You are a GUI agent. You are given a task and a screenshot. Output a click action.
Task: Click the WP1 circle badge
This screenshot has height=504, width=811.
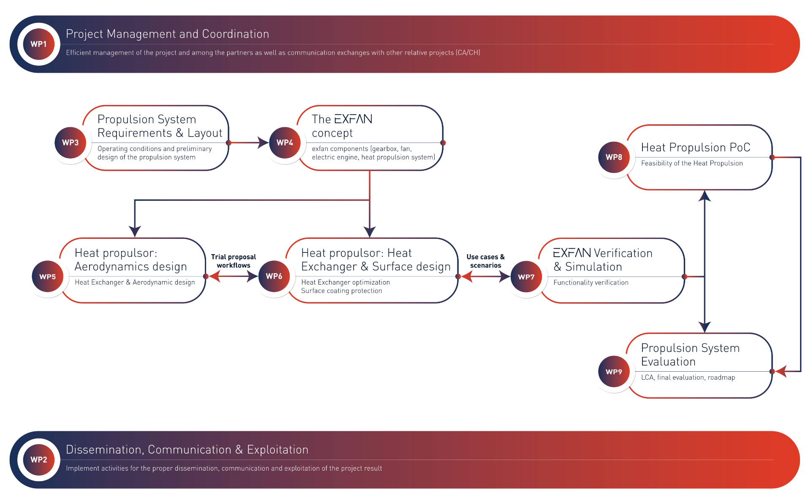click(x=38, y=44)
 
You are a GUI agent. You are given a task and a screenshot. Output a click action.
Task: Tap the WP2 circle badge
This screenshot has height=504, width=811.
click(x=38, y=460)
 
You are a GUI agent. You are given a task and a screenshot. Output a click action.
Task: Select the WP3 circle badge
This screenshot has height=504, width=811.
click(x=71, y=143)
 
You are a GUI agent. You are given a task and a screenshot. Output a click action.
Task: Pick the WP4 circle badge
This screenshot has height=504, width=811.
click(x=285, y=143)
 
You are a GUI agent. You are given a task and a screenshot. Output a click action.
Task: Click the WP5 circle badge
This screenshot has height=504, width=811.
click(x=48, y=277)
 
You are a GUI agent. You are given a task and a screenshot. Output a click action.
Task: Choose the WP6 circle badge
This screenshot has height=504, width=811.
click(x=274, y=276)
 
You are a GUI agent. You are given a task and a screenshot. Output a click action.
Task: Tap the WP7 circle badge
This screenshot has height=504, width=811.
click(x=526, y=277)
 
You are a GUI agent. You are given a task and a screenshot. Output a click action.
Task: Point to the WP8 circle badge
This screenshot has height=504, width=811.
click(x=614, y=157)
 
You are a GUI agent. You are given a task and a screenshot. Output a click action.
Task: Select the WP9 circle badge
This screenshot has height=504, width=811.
click(x=614, y=372)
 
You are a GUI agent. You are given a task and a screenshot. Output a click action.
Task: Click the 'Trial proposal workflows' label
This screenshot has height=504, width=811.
click(x=234, y=261)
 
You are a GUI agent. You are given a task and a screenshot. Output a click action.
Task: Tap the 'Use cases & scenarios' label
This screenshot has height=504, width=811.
click(x=486, y=261)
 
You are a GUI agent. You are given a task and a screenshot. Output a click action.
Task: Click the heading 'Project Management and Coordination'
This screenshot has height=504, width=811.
click(x=167, y=34)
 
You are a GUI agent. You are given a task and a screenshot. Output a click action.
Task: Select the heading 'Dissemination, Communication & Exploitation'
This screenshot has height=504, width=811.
click(x=187, y=449)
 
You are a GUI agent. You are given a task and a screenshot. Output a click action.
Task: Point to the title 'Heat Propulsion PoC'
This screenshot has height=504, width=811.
click(x=696, y=147)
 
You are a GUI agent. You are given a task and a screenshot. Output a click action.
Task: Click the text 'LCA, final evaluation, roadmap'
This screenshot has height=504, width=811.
click(x=688, y=378)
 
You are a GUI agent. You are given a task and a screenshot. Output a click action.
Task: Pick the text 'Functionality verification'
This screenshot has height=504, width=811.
click(x=591, y=282)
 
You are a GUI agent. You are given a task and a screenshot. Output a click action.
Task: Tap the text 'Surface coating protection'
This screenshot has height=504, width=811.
click(x=342, y=291)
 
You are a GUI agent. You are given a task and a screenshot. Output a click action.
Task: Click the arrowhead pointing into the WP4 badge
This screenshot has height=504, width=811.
click(x=264, y=142)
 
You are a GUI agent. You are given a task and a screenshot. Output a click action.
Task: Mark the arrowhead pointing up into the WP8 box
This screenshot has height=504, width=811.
click(x=705, y=196)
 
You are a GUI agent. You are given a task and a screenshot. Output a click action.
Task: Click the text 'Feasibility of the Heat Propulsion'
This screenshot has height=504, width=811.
click(x=692, y=163)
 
